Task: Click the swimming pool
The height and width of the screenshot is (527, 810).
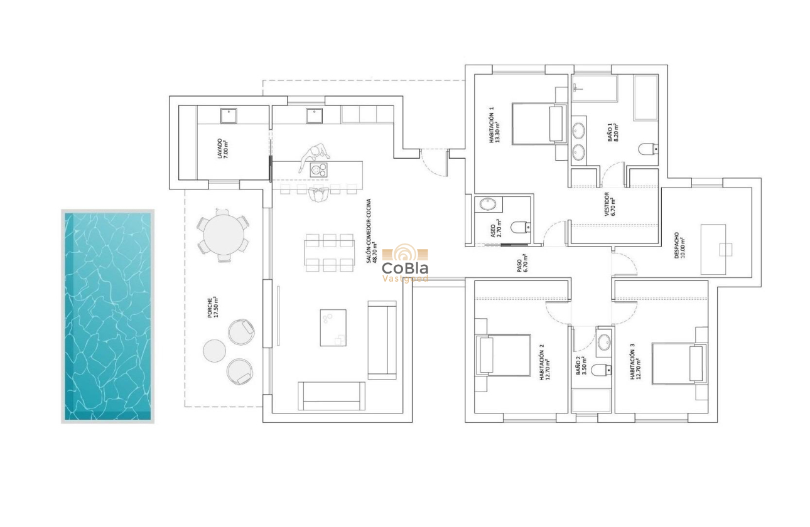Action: (x=108, y=316)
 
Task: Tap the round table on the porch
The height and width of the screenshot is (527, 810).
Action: (x=224, y=235)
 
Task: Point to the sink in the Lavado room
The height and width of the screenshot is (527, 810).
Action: (x=228, y=115)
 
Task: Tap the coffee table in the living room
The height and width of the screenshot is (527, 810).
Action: (x=333, y=327)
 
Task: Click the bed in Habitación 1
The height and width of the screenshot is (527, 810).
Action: (x=537, y=124)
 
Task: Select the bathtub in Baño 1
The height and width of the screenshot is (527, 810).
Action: (x=645, y=98)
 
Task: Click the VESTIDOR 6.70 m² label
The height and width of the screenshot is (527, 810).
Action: (x=610, y=204)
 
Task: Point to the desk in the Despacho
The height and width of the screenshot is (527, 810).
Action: (x=713, y=249)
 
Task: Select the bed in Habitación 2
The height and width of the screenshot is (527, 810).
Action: (x=504, y=354)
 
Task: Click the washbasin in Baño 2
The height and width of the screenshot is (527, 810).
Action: (x=604, y=343)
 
